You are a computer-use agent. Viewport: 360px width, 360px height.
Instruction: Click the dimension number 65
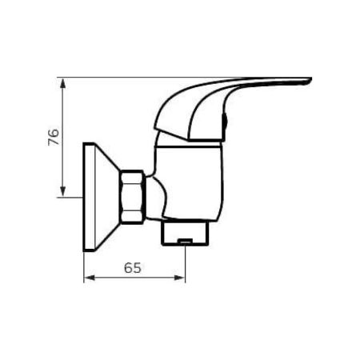click(134, 268)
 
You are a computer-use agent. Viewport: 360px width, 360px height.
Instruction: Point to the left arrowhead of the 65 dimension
click(89, 278)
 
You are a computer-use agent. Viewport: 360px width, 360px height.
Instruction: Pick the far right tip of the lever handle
click(309, 80)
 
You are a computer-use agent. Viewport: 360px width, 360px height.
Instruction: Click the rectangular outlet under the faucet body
click(184, 233)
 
